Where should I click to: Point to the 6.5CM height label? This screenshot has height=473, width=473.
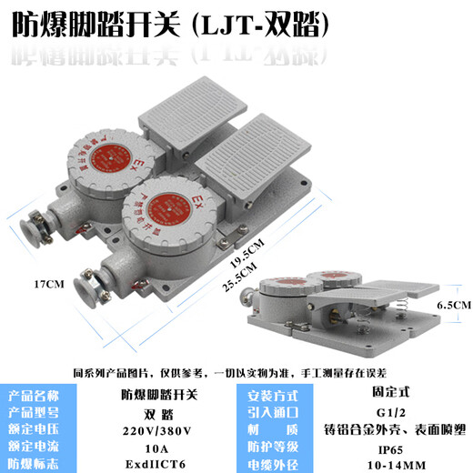click(453, 307)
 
